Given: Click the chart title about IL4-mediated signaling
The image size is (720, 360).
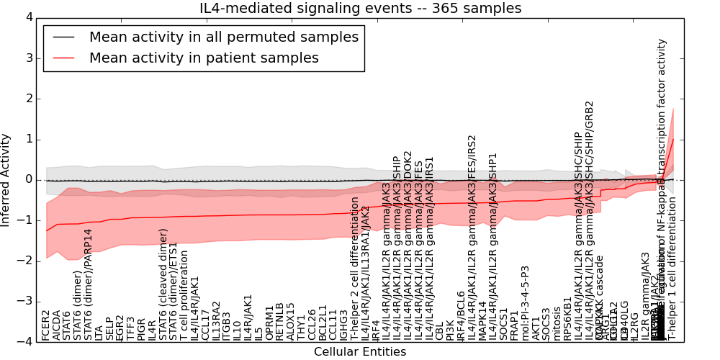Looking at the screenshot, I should [360, 9].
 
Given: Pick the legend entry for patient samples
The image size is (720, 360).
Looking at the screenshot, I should [204, 58].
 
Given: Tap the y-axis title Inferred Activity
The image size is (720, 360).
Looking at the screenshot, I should [6, 179].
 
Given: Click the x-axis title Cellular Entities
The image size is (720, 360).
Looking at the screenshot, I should [360, 352].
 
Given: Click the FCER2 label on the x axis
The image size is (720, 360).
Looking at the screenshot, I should [46, 325].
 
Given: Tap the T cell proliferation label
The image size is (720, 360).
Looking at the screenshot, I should [184, 295].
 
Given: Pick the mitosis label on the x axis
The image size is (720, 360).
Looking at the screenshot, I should [557, 323].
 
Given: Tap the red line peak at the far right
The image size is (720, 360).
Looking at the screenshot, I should [673, 139].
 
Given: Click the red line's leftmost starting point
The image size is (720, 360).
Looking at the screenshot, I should [46, 231].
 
